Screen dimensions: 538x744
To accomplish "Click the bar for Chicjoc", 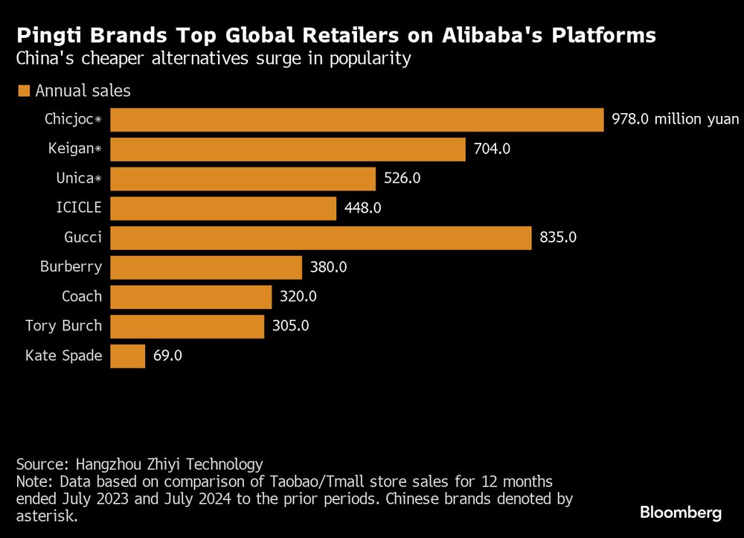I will (357, 120).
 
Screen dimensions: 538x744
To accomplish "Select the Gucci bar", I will (321, 238).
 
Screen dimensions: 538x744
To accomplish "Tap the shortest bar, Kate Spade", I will (128, 356).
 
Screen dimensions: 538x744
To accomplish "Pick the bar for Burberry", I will (206, 267).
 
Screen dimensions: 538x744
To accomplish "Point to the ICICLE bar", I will (223, 208).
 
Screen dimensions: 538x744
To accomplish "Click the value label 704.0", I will (492, 150).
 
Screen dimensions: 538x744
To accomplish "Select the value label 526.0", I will (403, 179).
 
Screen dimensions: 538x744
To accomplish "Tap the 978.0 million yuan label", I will (676, 120).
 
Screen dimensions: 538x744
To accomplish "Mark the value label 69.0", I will (167, 356).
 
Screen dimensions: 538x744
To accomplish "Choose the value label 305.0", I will (291, 326).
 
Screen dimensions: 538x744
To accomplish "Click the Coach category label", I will (82, 296).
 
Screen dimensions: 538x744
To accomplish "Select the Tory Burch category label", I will (63, 326).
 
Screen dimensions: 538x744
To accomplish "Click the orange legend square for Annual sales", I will (23, 91).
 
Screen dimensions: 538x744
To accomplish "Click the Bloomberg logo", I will (681, 513).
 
